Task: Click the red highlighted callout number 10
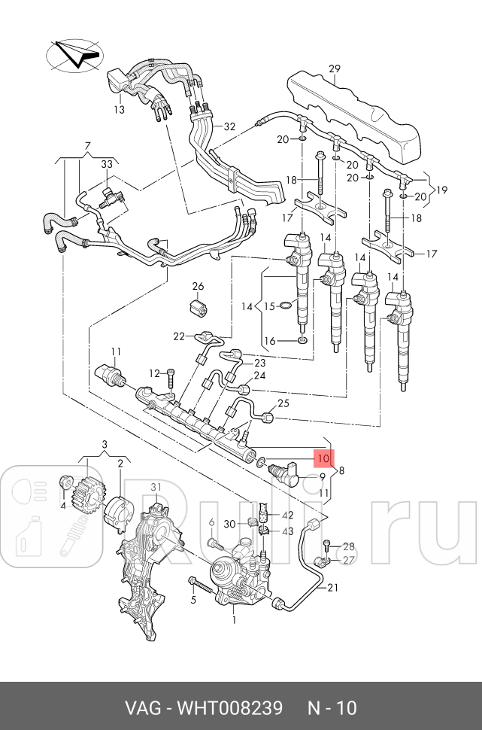323,458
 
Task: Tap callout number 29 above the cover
335,69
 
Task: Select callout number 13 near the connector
119,109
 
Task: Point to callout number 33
107,164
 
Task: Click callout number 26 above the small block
199,286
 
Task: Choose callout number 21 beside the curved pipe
332,588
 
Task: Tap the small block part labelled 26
199,307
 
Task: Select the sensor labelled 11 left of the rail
110,375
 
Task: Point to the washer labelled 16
302,342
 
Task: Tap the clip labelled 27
323,562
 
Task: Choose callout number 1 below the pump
234,619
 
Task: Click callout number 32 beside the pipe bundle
229,126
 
